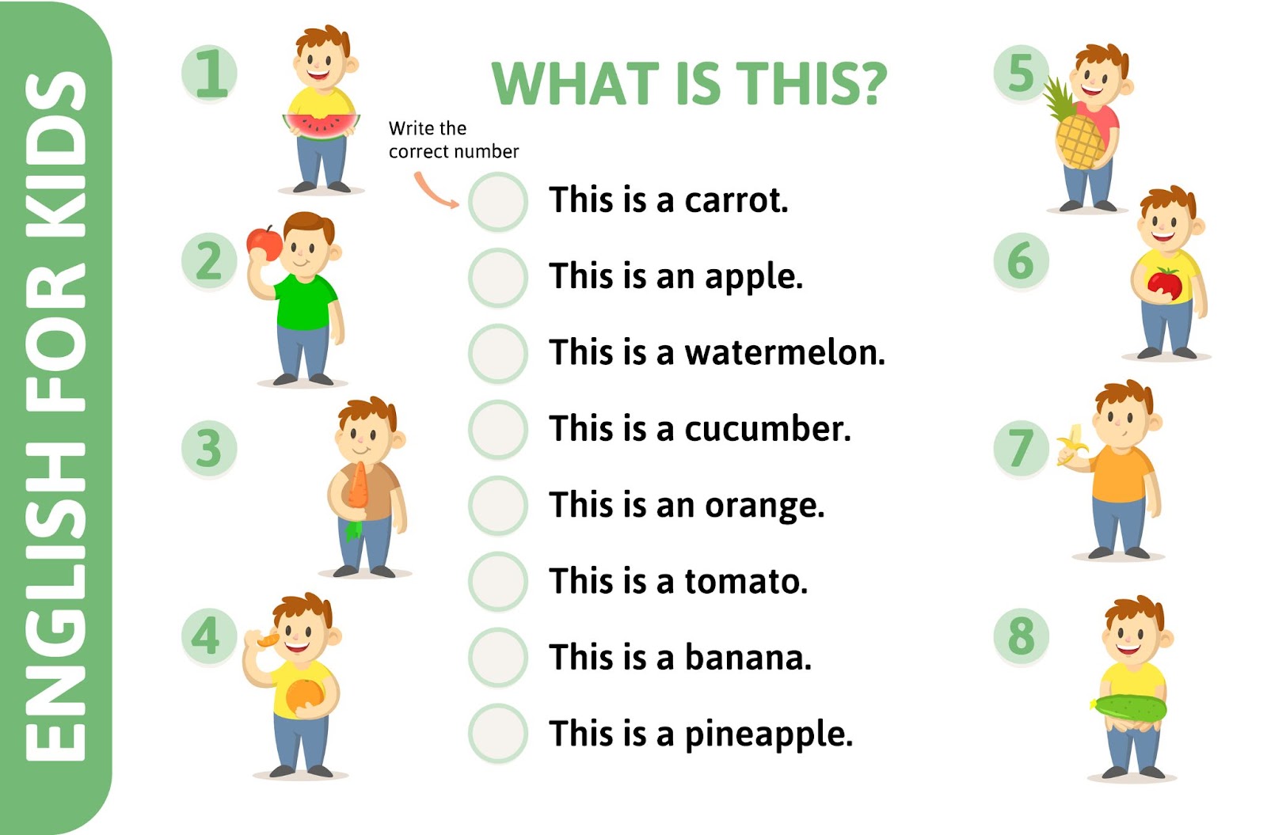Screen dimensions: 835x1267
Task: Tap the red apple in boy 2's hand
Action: [x=264, y=242]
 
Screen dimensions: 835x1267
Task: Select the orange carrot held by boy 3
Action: [x=358, y=485]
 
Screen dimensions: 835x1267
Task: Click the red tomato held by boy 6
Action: [x=1164, y=283]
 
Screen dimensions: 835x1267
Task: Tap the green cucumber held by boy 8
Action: [x=1128, y=706]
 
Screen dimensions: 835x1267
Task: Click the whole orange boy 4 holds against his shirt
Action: [x=304, y=696]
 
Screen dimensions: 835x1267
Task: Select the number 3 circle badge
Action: [x=209, y=448]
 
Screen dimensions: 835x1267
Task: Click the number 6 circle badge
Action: [x=1021, y=261]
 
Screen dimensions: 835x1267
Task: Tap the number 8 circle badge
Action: [x=1021, y=636]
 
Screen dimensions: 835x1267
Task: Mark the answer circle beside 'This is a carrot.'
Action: [x=497, y=201]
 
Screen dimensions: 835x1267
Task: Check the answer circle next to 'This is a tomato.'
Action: [x=497, y=581]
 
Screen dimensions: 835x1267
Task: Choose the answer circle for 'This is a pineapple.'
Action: [x=497, y=734]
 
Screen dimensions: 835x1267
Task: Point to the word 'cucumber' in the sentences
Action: [x=767, y=429]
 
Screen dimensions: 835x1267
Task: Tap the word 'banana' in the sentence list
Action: [x=748, y=657]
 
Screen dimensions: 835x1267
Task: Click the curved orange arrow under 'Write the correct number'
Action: [x=435, y=192]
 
